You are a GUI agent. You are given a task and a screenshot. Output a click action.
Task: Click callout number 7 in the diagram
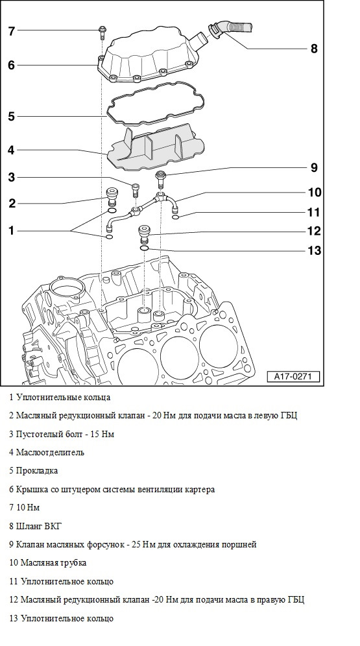pyautogui.click(x=12, y=31)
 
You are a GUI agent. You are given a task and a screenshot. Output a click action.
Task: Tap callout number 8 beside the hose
pyautogui.click(x=314, y=49)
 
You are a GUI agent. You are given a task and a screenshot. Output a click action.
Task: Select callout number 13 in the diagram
pyautogui.click(x=314, y=250)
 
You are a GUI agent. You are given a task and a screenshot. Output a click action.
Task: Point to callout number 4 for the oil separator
pyautogui.click(x=11, y=150)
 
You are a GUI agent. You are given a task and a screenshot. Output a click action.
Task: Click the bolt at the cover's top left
pyautogui.click(x=101, y=32)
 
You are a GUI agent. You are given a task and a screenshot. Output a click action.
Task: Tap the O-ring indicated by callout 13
pyautogui.click(x=144, y=249)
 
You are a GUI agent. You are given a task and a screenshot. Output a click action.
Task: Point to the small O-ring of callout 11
pyautogui.click(x=176, y=217)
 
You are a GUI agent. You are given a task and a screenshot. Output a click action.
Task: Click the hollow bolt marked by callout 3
pyautogui.click(x=136, y=191)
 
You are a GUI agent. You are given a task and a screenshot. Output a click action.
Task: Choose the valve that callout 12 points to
pyautogui.click(x=145, y=234)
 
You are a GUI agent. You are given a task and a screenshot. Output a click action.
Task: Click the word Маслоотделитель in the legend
pyautogui.click(x=50, y=452)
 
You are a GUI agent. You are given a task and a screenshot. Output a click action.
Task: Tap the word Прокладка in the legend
pyautogui.click(x=37, y=470)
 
